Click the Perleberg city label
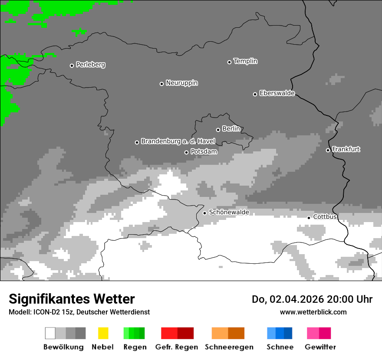[90, 65]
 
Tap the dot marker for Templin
[229, 62]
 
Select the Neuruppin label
[181, 83]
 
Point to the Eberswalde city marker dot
[255, 94]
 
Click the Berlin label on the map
[231, 129]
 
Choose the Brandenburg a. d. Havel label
[178, 141]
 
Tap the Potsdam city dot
[186, 152]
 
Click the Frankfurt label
[346, 149]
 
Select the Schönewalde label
[229, 212]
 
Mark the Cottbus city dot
[309, 218]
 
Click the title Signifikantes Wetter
[72, 299]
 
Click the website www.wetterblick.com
[313, 312]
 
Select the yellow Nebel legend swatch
[103, 333]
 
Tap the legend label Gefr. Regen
[177, 347]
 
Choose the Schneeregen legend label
[229, 347]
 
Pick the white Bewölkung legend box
[50, 333]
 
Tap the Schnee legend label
[280, 347]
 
